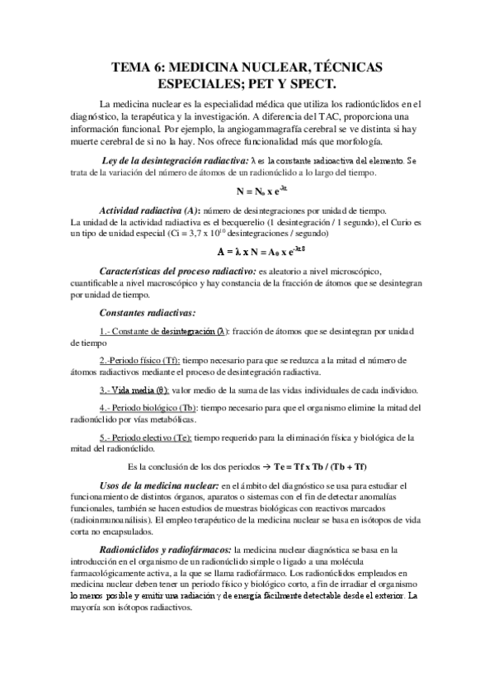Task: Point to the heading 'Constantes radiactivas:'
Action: pyautogui.click(x=148, y=313)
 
